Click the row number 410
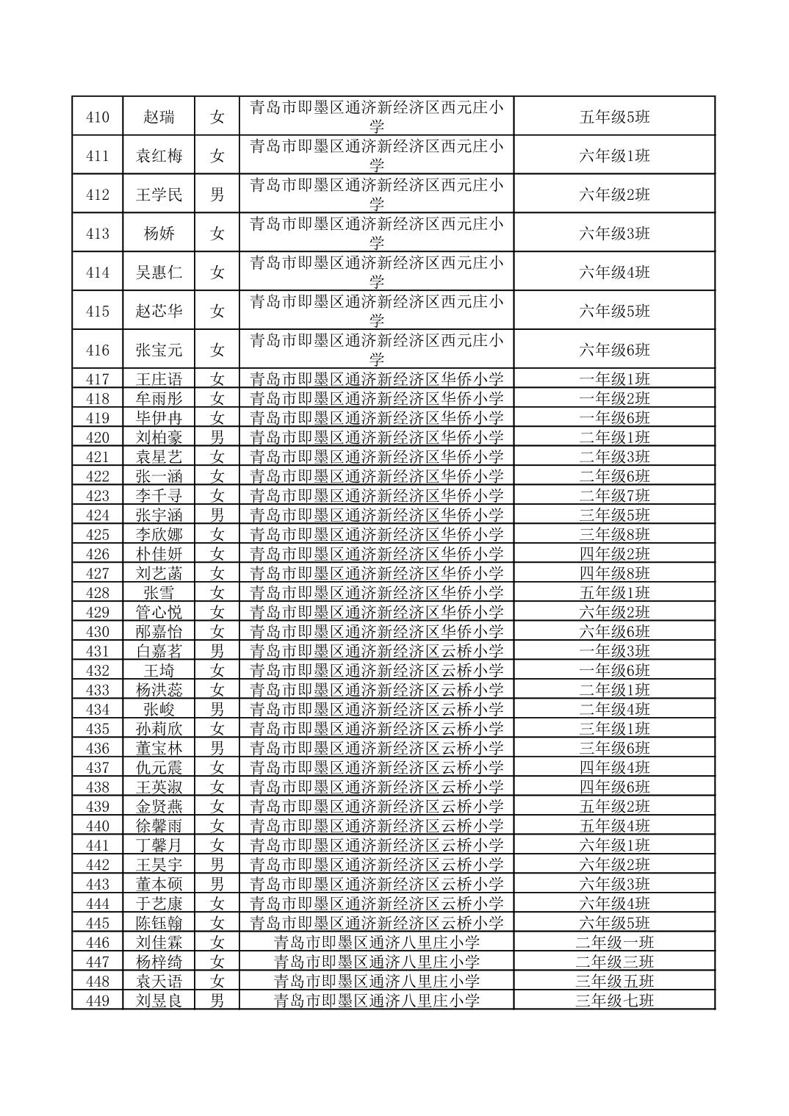coord(97,117)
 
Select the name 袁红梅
coord(159,156)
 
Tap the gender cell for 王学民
coord(217,195)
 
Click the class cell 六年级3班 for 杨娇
coord(614,234)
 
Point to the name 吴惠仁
coord(159,273)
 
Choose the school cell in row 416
coord(376,350)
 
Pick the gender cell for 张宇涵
coord(217,515)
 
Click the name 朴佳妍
coord(159,554)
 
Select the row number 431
coord(97,651)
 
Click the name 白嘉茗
coord(159,651)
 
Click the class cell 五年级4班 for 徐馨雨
coord(614,826)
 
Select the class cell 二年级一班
coord(614,943)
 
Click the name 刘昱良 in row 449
coord(159,1001)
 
